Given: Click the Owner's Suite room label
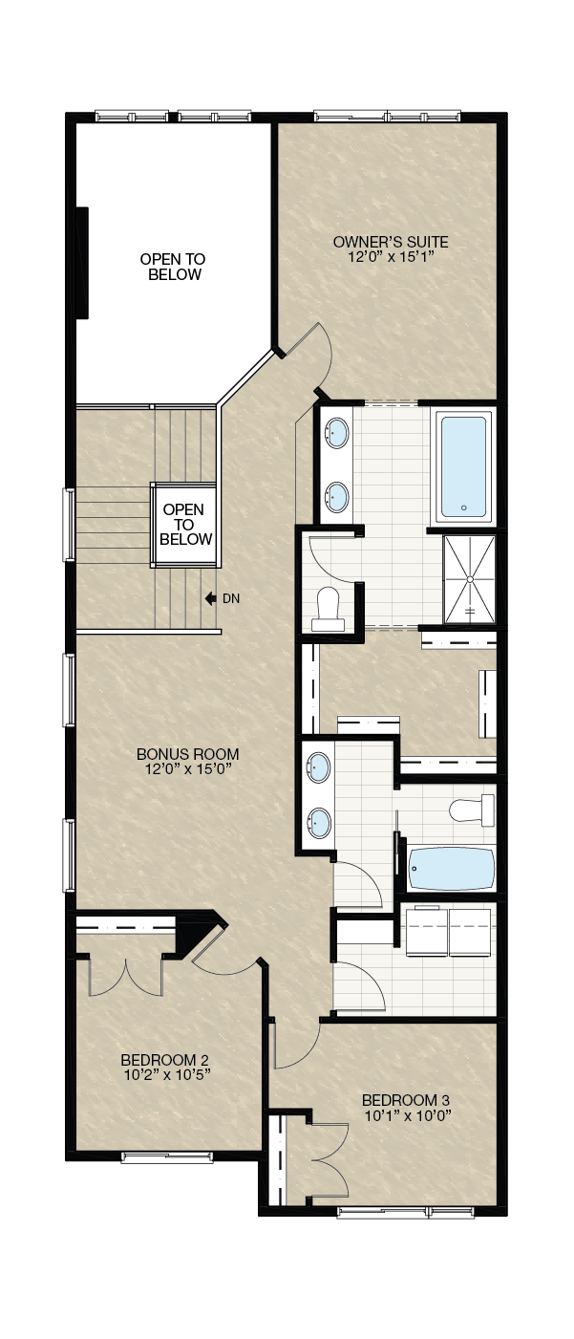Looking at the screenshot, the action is (391, 242).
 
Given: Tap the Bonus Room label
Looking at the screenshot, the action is (187, 754).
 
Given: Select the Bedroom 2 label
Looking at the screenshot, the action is (165, 1060).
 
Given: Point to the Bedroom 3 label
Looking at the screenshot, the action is (406, 1100).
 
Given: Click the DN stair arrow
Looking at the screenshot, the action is (211, 598).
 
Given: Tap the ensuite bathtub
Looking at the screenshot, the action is (463, 466).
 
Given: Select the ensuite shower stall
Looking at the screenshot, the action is (469, 579).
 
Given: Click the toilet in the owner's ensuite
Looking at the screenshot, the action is (329, 610).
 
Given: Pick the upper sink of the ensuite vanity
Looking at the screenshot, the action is (337, 433).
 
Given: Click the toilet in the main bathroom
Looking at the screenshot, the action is (472, 810).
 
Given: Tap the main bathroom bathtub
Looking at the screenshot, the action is (452, 869).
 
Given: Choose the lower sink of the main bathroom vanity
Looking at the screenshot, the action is (319, 823).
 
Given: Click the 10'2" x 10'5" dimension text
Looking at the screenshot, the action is (165, 1075).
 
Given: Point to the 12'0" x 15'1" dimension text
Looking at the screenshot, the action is (391, 257).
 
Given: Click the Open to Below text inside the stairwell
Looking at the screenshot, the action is (184, 525).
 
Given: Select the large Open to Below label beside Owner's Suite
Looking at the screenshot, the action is (173, 267).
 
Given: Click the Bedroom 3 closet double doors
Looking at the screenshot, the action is (330, 1160).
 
